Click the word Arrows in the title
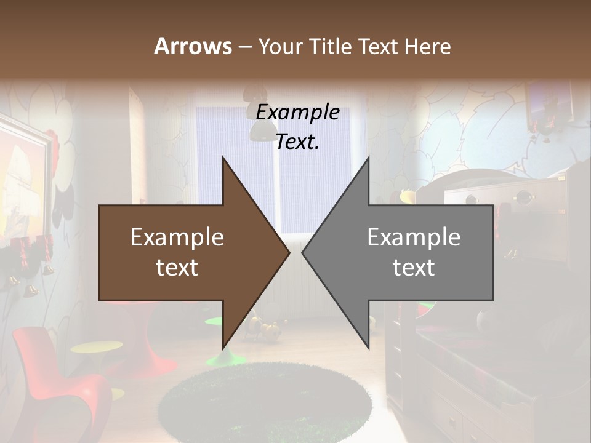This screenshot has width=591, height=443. pyautogui.click(x=192, y=46)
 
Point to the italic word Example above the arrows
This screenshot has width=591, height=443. pyautogui.click(x=297, y=113)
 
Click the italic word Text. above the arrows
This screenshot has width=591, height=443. pyautogui.click(x=297, y=142)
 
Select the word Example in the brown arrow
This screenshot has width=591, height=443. pyautogui.click(x=177, y=237)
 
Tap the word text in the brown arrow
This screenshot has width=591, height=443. pyautogui.click(x=177, y=268)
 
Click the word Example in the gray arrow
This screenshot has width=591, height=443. pyautogui.click(x=414, y=237)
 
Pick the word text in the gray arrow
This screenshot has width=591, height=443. pyautogui.click(x=414, y=268)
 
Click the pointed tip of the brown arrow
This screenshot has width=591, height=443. pyautogui.click(x=288, y=253)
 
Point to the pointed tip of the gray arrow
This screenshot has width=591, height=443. pyautogui.click(x=304, y=253)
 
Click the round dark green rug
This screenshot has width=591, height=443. pyautogui.click(x=265, y=403)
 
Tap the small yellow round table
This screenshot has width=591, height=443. pyautogui.click(x=95, y=348)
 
